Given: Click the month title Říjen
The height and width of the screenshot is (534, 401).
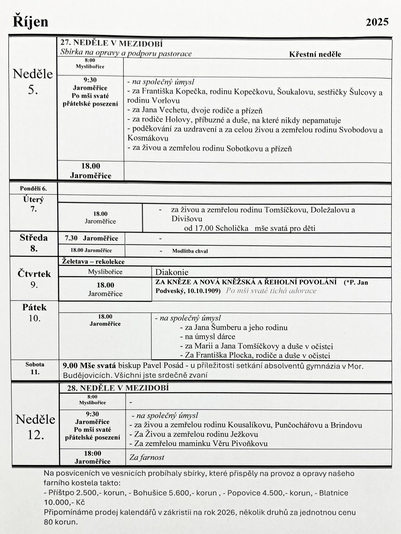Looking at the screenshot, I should (31, 22).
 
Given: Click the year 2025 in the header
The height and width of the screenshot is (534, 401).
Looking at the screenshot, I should (377, 22).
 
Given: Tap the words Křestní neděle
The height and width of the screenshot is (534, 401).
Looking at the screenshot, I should (315, 54).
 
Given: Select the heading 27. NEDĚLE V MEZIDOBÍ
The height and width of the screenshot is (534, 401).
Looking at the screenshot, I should (111, 43).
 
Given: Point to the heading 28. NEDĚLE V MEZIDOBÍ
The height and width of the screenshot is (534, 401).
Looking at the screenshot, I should (118, 388).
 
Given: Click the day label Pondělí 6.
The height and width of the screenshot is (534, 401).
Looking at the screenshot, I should (33, 189).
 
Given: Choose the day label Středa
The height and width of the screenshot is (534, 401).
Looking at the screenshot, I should (34, 238).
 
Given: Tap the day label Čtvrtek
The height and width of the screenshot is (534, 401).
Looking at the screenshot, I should (34, 274).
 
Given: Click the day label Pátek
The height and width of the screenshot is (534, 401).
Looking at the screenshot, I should (34, 307).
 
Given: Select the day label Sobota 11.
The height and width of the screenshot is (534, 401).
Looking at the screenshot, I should (35, 368).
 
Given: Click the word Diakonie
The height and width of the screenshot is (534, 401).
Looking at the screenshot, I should (172, 272).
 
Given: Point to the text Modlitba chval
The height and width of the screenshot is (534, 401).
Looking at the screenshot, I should (190, 251).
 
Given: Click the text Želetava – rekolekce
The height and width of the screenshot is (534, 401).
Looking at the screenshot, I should (93, 262).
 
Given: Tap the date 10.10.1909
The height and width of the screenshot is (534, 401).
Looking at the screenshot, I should (204, 291).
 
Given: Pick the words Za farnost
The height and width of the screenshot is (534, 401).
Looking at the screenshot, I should (147, 457).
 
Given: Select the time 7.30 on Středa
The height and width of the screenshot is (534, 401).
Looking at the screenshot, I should (71, 238).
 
